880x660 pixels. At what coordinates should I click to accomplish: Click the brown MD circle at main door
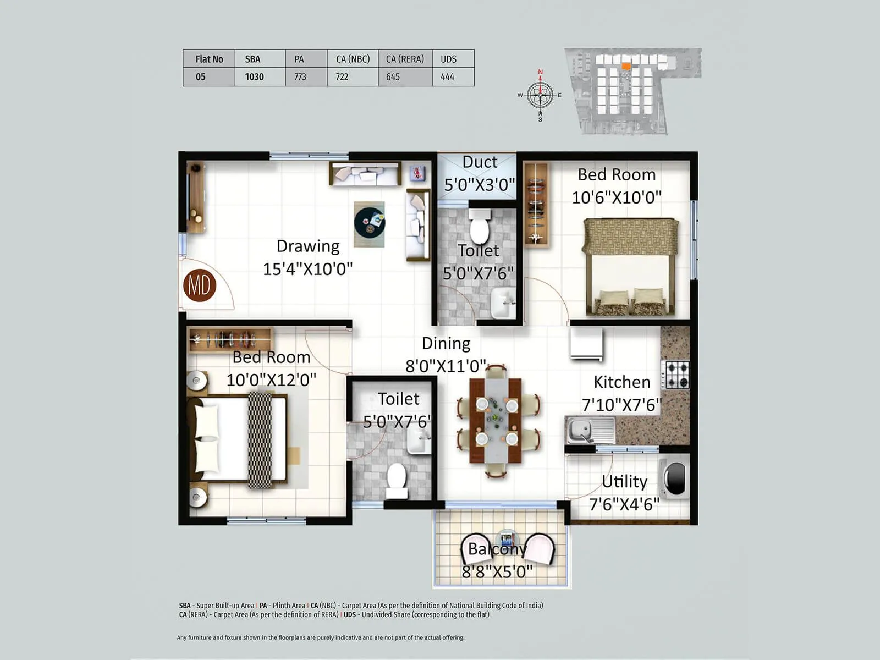coord(199,285)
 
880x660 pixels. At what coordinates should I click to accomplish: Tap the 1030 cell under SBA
coord(254,77)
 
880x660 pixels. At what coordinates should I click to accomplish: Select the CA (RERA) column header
coord(405,59)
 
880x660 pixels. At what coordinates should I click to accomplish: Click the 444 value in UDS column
coord(447,77)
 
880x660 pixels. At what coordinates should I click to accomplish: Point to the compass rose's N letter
coord(540,72)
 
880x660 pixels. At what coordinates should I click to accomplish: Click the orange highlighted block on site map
coord(626,66)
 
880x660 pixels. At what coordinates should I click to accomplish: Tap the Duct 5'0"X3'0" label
coord(479,173)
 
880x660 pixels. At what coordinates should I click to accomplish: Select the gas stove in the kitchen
coord(676,375)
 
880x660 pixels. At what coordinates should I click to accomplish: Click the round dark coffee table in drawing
coord(369,222)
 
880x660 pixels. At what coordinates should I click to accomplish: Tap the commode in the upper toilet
coord(480,227)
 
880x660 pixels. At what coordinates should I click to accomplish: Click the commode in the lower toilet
coord(397,480)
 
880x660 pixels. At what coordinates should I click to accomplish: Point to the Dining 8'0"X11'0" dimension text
coord(446,366)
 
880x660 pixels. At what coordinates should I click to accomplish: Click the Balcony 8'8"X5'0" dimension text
coord(497,571)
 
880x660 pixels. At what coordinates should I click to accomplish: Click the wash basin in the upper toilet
coord(503,302)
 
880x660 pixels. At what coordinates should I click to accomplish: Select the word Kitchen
coord(621,382)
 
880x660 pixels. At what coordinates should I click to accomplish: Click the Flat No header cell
coord(209,59)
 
